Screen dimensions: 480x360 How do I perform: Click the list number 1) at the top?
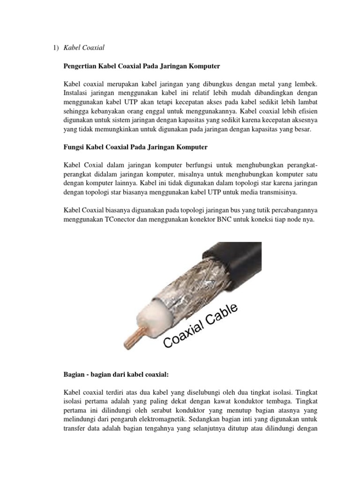pyautogui.click(x=56, y=48)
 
